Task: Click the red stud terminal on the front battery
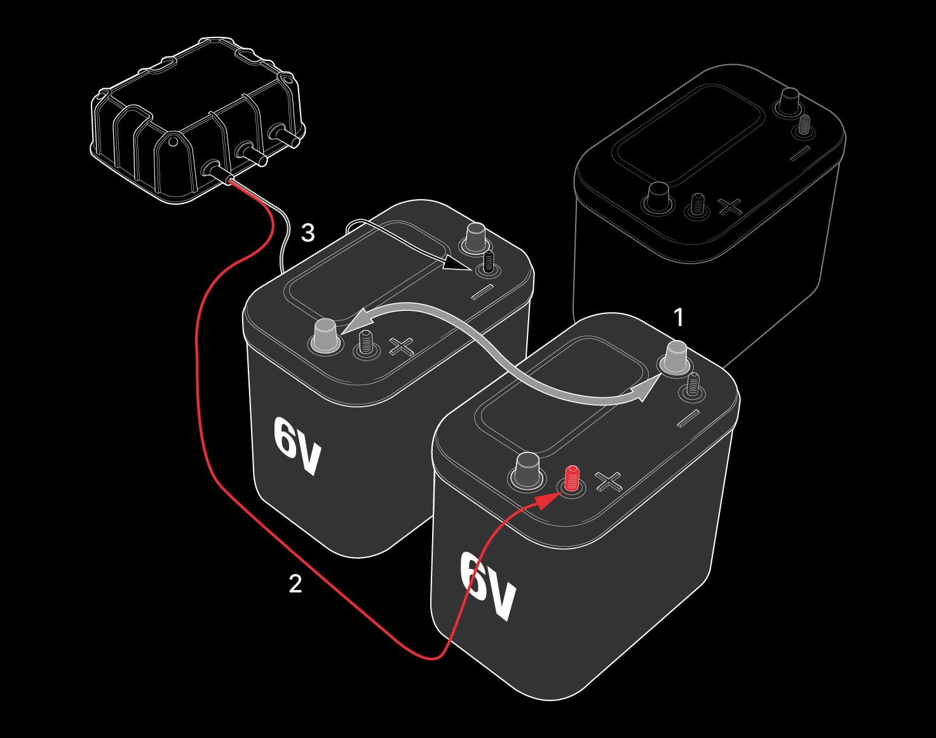tap(572, 479)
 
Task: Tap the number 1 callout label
tap(678, 318)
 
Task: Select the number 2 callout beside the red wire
tap(295, 584)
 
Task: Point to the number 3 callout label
tap(308, 233)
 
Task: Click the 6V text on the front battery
tap(488, 586)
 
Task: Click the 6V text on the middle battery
tap(297, 446)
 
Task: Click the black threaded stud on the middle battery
tap(487, 263)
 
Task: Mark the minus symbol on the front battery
tap(689, 418)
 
